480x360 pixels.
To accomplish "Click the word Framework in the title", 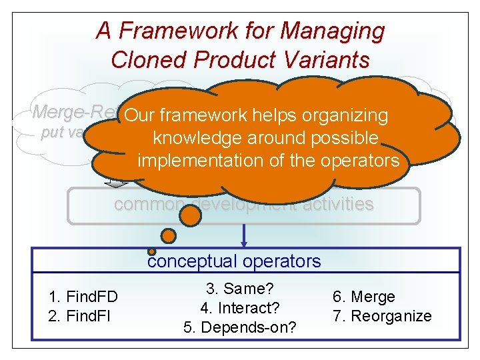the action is pyautogui.click(x=163, y=31).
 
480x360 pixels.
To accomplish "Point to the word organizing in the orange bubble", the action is pyautogui.click(x=344, y=115).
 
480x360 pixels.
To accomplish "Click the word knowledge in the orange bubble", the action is pyautogui.click(x=197, y=138).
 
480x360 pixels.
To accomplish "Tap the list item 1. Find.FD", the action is pyautogui.click(x=83, y=297).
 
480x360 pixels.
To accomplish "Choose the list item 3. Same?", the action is pyautogui.click(x=240, y=289).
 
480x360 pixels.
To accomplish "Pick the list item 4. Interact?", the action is pyautogui.click(x=240, y=308).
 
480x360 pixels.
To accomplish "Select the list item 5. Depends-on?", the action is pyautogui.click(x=240, y=327).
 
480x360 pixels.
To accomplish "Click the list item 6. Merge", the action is pyautogui.click(x=364, y=297).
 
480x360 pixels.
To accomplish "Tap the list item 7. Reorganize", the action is pyautogui.click(x=382, y=315).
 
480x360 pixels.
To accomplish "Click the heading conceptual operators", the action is pyautogui.click(x=234, y=261).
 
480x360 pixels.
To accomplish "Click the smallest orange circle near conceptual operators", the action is pyautogui.click(x=152, y=251).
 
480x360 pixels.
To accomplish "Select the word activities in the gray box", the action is pyautogui.click(x=335, y=205).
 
